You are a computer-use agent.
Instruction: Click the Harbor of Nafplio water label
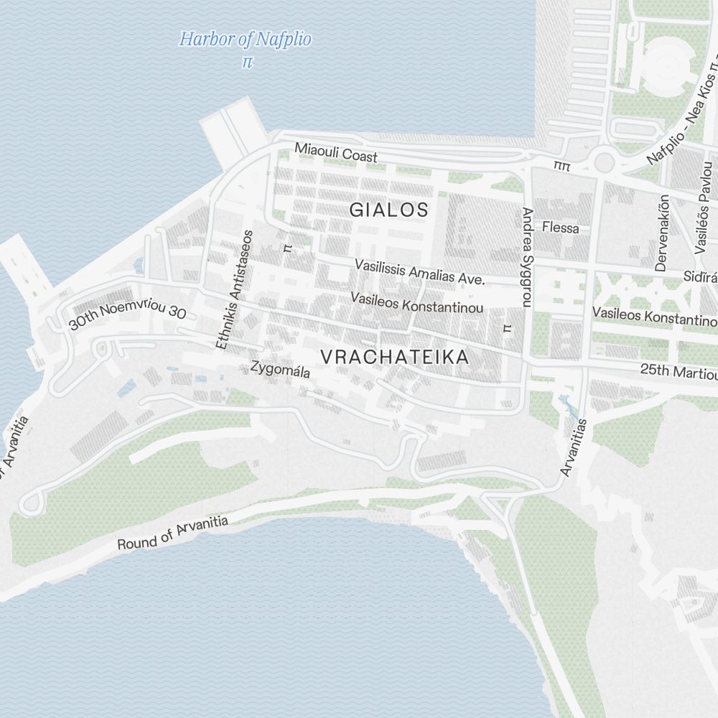coord(246,39)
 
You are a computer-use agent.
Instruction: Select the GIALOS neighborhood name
coord(388,210)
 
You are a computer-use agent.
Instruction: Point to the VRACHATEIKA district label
coord(394,357)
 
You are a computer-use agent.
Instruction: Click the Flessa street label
coord(561,228)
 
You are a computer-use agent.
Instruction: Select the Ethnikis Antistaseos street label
coord(234,289)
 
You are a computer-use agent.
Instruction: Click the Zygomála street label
coord(280,370)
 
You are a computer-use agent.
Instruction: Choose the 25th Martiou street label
coord(679,372)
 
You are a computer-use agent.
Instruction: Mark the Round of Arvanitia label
coord(172,533)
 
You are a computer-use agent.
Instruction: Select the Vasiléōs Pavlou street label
coord(701,215)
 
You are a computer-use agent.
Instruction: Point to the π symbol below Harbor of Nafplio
coord(248,62)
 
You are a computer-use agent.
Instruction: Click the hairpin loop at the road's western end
coord(29,503)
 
